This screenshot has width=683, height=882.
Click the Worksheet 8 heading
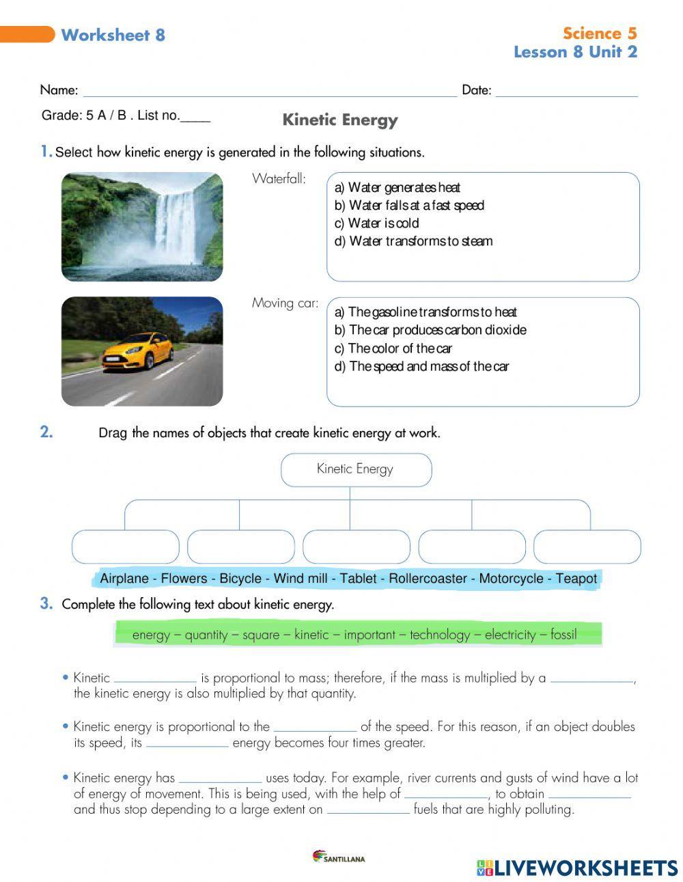click(113, 36)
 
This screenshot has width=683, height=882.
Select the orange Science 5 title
click(599, 33)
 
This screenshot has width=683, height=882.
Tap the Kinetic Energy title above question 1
click(339, 120)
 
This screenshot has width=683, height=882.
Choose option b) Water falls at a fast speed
click(408, 206)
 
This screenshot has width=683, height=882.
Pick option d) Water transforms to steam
click(413, 241)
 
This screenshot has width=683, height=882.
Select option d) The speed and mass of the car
click(421, 366)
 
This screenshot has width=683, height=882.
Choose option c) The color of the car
click(400, 348)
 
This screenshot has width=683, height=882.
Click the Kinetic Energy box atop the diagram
click(356, 469)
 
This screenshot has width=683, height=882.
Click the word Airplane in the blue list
click(124, 579)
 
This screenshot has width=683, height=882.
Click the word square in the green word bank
click(261, 635)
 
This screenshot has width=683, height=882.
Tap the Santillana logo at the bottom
click(338, 857)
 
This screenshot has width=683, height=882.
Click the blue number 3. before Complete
click(46, 603)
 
